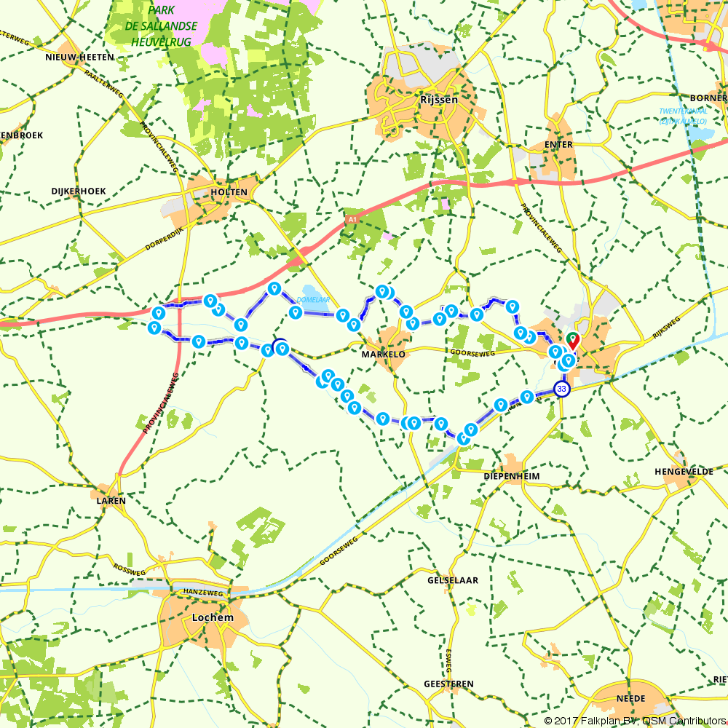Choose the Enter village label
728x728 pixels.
click(559, 145)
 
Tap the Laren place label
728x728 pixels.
click(111, 501)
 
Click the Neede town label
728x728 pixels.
click(630, 698)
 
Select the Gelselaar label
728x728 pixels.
click(453, 580)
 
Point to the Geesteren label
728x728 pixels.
click(448, 684)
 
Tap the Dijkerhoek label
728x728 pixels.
click(79, 191)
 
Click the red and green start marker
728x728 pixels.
click(573, 340)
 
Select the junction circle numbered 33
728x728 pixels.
click(561, 389)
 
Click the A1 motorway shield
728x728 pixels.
click(352, 218)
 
